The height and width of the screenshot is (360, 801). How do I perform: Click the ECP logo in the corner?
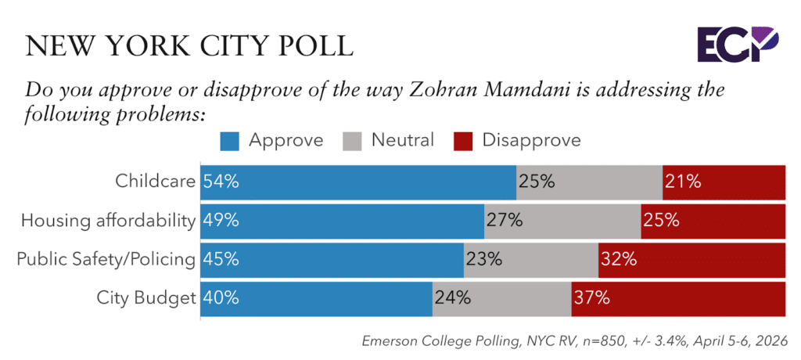tap(747, 44)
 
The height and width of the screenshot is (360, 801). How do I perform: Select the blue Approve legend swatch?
tap(232, 141)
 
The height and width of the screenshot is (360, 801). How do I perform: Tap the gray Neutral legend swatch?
tap(353, 141)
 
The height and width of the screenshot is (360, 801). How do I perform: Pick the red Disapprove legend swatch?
tap(465, 141)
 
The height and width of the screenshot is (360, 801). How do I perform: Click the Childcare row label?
tap(153, 182)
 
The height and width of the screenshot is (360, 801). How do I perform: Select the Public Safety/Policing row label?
tap(106, 259)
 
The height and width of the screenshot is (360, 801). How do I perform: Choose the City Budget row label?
tap(145, 297)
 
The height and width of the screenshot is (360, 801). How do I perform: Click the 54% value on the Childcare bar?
tap(221, 182)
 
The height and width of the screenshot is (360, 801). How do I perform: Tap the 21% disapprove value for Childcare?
tap(684, 182)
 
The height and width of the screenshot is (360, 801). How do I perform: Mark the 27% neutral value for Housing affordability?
tap(505, 221)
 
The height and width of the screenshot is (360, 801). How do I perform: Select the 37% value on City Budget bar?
tap(592, 297)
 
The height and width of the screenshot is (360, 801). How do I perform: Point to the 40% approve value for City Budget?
tap(221, 297)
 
